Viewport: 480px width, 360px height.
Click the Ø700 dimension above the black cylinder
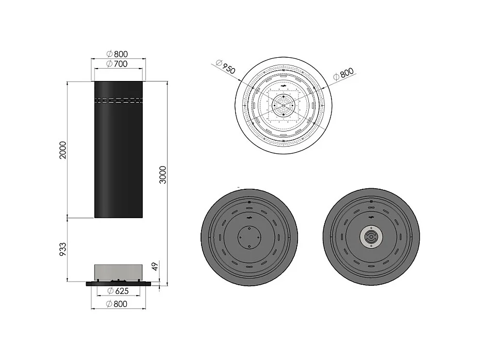[x=117, y=64]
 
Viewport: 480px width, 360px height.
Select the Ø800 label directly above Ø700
[x=117, y=54]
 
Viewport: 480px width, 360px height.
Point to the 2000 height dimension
[x=63, y=149]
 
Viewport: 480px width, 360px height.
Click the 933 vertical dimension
[x=63, y=250]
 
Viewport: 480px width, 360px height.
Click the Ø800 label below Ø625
[x=118, y=304]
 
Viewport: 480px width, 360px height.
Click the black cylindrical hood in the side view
[x=118, y=155]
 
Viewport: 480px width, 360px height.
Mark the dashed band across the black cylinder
[x=118, y=99]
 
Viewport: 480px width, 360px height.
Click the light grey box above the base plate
[x=118, y=272]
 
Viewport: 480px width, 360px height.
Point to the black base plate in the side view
[x=118, y=283]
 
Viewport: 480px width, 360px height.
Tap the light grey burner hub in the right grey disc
[x=370, y=237]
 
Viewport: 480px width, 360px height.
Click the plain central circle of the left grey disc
[x=249, y=238]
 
